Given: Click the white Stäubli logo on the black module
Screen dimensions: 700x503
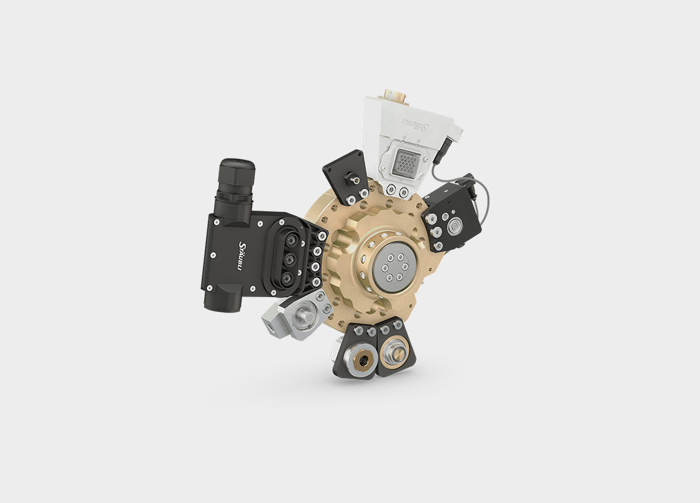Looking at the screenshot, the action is [x=243, y=256].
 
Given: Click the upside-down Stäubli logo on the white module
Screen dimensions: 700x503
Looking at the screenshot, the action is [x=416, y=124].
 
